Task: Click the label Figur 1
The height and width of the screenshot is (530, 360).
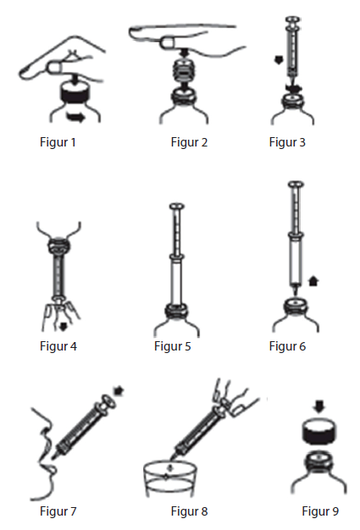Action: point(58,142)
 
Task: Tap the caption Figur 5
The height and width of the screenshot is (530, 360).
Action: point(173,346)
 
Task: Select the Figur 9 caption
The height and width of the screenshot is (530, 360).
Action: point(320,511)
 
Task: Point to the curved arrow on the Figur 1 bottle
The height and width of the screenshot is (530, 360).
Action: point(76,118)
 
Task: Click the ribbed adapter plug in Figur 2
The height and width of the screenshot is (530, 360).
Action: point(184,74)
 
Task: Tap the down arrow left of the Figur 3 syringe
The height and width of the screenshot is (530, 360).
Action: point(279,60)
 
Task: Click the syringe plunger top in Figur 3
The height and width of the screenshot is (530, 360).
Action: point(292,19)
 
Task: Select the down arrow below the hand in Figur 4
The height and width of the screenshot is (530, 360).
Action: point(63,327)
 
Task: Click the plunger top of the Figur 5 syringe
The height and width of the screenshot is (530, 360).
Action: point(177,207)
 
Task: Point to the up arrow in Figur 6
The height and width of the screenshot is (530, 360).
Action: point(314,281)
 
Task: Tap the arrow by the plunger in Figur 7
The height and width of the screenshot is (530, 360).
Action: point(119,391)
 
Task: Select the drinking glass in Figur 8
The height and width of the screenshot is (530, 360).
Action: point(169,479)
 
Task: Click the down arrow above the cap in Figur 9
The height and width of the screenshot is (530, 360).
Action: point(319,406)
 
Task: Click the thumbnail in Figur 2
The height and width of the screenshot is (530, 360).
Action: point(168,42)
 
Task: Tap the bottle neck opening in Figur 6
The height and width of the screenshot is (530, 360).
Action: point(296,303)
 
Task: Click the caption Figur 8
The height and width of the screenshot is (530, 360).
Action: point(189,511)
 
